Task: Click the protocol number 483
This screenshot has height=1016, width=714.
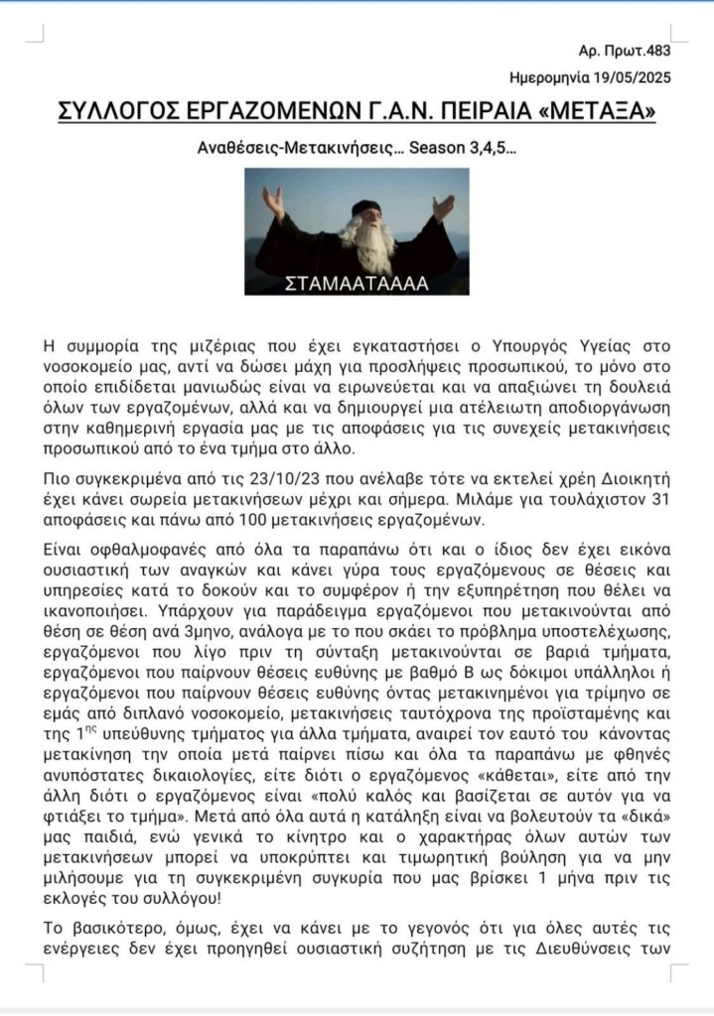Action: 659,50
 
